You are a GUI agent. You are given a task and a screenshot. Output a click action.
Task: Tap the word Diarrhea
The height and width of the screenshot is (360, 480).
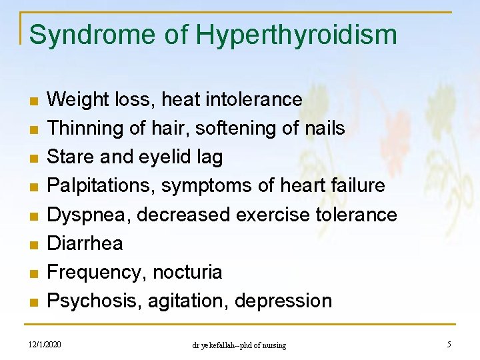tap(85, 243)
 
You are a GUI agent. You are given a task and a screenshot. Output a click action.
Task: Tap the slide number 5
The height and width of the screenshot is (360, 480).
tap(449, 345)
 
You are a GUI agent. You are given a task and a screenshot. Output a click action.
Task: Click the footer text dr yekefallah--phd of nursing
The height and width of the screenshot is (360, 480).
tap(239, 345)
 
